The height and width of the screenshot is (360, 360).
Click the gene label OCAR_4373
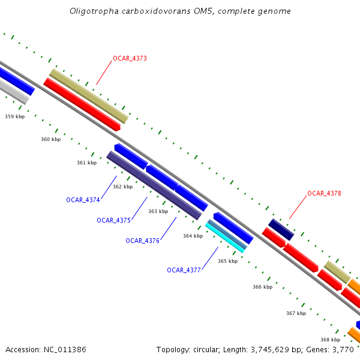tap(130, 59)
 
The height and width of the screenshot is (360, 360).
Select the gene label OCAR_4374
tap(83, 200)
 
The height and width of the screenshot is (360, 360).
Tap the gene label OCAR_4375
tap(113, 220)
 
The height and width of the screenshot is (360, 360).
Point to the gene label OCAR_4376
tap(142, 241)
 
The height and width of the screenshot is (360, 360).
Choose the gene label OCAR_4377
tap(184, 270)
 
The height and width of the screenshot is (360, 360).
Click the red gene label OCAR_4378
tap(324, 194)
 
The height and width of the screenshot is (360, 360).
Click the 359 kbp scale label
tap(15, 116)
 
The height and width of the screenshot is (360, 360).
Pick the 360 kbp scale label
tap(51, 139)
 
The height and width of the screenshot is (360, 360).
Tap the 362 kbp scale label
tap(123, 187)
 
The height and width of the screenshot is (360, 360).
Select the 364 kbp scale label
tap(193, 236)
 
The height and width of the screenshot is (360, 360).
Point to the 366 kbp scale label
tap(262, 287)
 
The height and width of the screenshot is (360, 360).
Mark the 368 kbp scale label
tap(330, 339)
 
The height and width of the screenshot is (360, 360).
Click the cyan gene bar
tap(225, 238)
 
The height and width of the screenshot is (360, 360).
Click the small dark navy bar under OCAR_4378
tap(281, 229)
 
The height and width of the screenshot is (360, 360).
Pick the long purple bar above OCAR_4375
tap(154, 185)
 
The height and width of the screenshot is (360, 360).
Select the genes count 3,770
tap(344, 349)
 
